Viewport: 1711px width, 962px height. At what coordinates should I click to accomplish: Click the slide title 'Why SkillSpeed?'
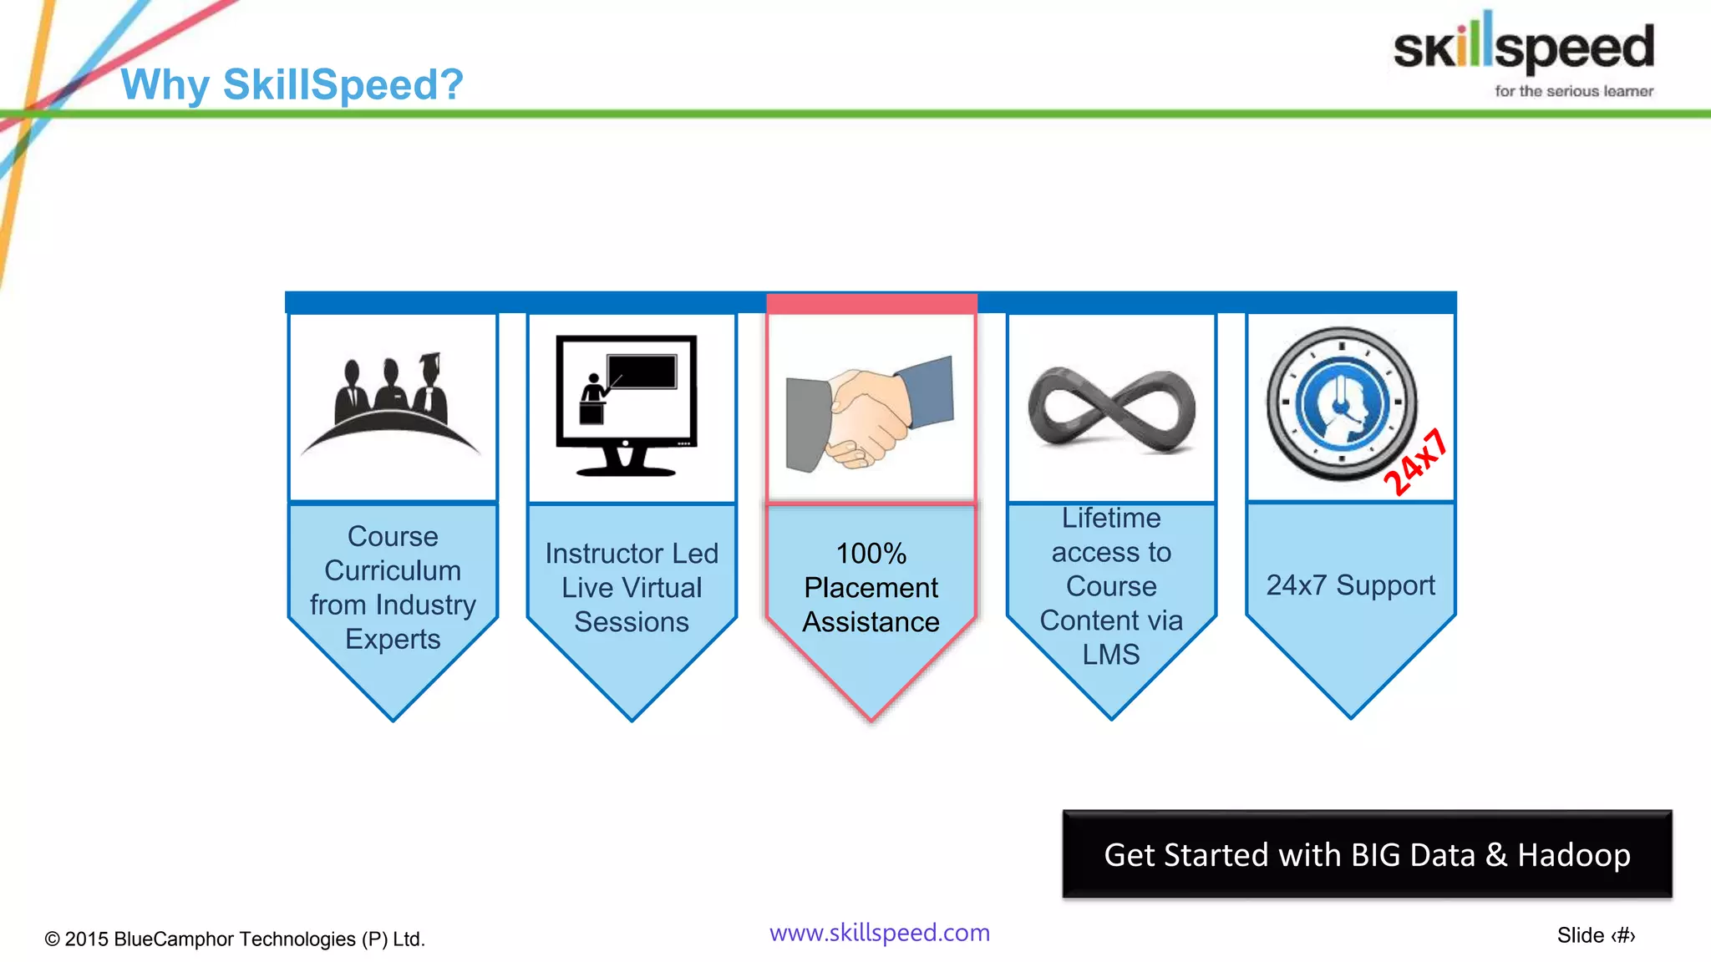coord(292,84)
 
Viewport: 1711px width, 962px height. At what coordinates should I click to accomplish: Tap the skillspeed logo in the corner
coord(1523,46)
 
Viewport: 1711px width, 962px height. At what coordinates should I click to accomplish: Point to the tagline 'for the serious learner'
coord(1574,91)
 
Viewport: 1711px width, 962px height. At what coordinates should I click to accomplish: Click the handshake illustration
coord(870,413)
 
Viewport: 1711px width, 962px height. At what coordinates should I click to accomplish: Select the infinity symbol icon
coord(1111,410)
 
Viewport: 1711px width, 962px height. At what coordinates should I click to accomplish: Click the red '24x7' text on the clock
coord(1414,462)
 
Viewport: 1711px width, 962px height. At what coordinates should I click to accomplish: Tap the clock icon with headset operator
coord(1341,404)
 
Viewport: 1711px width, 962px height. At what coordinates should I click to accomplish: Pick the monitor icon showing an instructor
coord(627,405)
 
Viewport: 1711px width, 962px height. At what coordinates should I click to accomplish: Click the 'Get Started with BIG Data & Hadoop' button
coord(1367,854)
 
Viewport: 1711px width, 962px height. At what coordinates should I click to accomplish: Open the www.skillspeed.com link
coord(879,933)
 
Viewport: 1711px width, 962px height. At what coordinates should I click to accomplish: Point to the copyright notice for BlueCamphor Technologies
coord(235,939)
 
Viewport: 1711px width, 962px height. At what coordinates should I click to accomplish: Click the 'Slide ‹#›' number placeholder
coord(1596,935)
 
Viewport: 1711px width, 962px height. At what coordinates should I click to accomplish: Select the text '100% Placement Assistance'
coord(871,588)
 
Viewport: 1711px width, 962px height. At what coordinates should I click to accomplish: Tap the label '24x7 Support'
coord(1350,585)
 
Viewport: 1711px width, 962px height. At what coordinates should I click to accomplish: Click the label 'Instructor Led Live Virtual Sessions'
coord(632,588)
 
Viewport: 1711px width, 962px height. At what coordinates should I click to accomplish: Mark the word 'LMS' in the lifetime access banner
coord(1111,655)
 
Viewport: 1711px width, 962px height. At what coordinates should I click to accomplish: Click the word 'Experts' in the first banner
coord(393,640)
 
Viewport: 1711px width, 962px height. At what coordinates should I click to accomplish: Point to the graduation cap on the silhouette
coord(429,360)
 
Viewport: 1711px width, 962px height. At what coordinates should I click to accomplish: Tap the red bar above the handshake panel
coord(871,303)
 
